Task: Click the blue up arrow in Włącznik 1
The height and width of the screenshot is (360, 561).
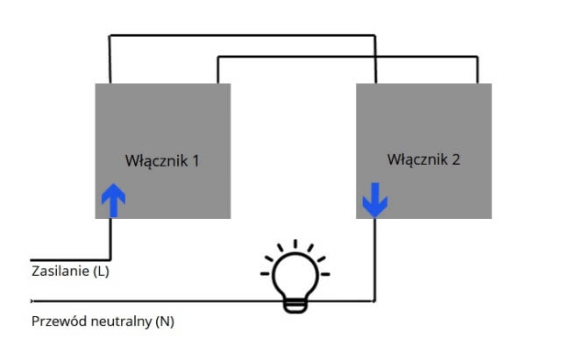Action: click(x=113, y=200)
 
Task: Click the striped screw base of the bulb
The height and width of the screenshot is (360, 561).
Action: click(x=295, y=303)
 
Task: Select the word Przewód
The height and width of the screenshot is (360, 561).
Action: click(x=56, y=321)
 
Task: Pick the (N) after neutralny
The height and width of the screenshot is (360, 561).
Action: click(x=164, y=321)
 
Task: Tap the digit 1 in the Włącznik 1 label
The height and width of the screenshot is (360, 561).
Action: click(x=196, y=161)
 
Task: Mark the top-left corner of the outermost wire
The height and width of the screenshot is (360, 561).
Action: click(x=110, y=37)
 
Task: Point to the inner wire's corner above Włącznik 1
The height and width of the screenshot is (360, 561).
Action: click(x=218, y=57)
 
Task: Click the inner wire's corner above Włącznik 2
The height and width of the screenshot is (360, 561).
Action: click(x=477, y=57)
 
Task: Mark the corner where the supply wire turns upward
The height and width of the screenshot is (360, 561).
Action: click(x=111, y=259)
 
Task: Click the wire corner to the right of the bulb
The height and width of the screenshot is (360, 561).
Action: click(x=375, y=300)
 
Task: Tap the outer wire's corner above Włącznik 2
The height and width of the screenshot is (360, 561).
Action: click(x=375, y=37)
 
